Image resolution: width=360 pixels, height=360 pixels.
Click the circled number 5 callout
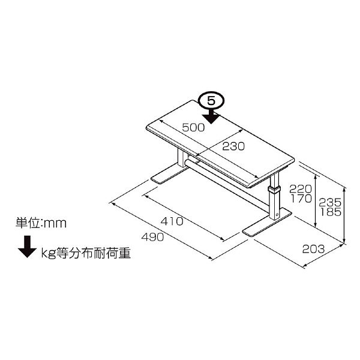point(211,101)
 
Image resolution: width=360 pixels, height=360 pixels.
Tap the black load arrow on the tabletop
point(211,116)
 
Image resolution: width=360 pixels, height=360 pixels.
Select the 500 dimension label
point(193,127)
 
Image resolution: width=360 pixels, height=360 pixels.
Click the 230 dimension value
point(233,146)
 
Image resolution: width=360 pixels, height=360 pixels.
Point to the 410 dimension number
point(172,221)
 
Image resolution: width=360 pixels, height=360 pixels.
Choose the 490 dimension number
point(152,237)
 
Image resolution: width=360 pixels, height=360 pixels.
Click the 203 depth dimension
point(313,249)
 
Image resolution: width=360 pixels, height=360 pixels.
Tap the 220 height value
point(301,189)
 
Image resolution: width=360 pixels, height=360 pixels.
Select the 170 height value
point(301,199)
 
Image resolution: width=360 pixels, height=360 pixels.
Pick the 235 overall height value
point(330,203)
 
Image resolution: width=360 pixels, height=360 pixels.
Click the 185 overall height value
point(331,212)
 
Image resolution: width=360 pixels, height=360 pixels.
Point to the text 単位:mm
point(41,223)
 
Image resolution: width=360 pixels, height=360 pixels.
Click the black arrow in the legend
point(28,247)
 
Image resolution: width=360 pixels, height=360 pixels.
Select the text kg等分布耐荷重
point(86,253)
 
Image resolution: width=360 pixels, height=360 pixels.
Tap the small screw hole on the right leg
point(277,214)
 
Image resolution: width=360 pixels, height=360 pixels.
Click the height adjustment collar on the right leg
point(274,190)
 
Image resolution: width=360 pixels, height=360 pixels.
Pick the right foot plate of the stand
point(267,223)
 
